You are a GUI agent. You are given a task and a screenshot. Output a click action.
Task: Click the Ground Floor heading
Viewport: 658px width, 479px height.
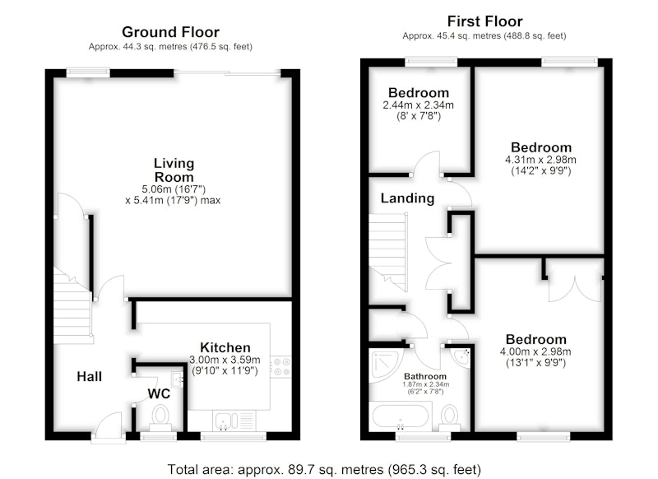(x=170, y=32)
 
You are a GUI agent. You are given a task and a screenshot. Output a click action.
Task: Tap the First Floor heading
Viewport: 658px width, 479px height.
(x=484, y=21)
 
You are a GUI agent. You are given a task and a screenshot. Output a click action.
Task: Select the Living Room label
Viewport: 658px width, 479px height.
(x=174, y=170)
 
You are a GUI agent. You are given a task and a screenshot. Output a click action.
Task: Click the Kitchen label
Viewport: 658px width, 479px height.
(x=225, y=347)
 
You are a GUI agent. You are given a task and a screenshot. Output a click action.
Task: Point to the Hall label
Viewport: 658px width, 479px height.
(x=90, y=376)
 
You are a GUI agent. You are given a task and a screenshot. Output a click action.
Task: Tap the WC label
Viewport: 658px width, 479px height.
(x=159, y=393)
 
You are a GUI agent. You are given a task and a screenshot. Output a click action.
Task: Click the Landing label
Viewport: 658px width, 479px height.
(x=407, y=198)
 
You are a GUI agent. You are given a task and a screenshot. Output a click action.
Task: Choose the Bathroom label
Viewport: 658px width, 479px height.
(x=425, y=376)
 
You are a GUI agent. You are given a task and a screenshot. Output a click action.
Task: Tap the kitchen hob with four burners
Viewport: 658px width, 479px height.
(x=280, y=366)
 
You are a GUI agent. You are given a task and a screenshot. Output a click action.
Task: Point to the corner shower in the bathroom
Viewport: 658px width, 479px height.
(x=385, y=365)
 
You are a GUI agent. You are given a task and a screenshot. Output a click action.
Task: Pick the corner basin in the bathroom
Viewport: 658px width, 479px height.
(x=461, y=357)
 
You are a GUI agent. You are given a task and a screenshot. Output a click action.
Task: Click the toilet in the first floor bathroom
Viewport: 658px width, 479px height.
(x=449, y=417)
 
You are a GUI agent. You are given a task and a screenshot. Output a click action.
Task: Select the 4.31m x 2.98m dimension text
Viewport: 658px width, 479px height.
(x=540, y=160)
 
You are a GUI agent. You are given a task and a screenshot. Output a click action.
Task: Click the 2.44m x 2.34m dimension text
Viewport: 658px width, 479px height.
(x=419, y=105)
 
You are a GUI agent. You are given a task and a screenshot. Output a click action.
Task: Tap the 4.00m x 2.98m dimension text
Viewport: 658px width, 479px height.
(x=535, y=351)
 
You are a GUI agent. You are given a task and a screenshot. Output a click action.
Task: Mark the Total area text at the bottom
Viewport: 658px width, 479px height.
(x=324, y=469)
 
